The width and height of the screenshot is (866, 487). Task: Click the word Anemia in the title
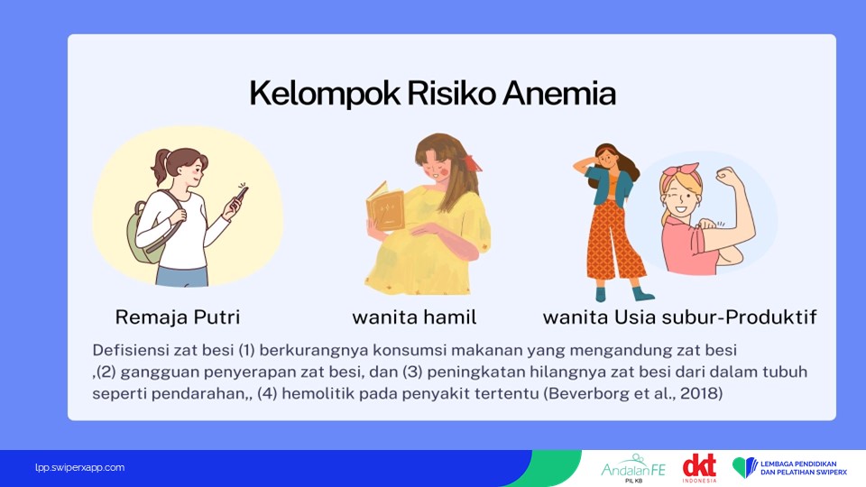pos(559,93)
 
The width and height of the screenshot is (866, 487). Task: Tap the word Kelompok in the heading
pos(325,93)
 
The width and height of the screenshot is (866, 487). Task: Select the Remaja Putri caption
pos(178,317)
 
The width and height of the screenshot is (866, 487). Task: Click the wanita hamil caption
pos(414,317)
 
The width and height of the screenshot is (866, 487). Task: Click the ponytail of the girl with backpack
pos(161,166)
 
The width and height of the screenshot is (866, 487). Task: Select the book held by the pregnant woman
pos(385,207)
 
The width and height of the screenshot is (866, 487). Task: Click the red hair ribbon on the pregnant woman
pos(472,162)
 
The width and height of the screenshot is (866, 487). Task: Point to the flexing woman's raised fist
pos(727,177)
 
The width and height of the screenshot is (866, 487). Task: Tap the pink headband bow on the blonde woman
pos(682,171)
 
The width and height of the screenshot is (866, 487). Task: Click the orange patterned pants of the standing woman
pos(614,240)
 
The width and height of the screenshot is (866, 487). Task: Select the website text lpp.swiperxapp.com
pos(79,467)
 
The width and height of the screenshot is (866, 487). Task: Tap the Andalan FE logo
pos(633,468)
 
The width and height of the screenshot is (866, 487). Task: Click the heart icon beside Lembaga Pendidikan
pos(744,467)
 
